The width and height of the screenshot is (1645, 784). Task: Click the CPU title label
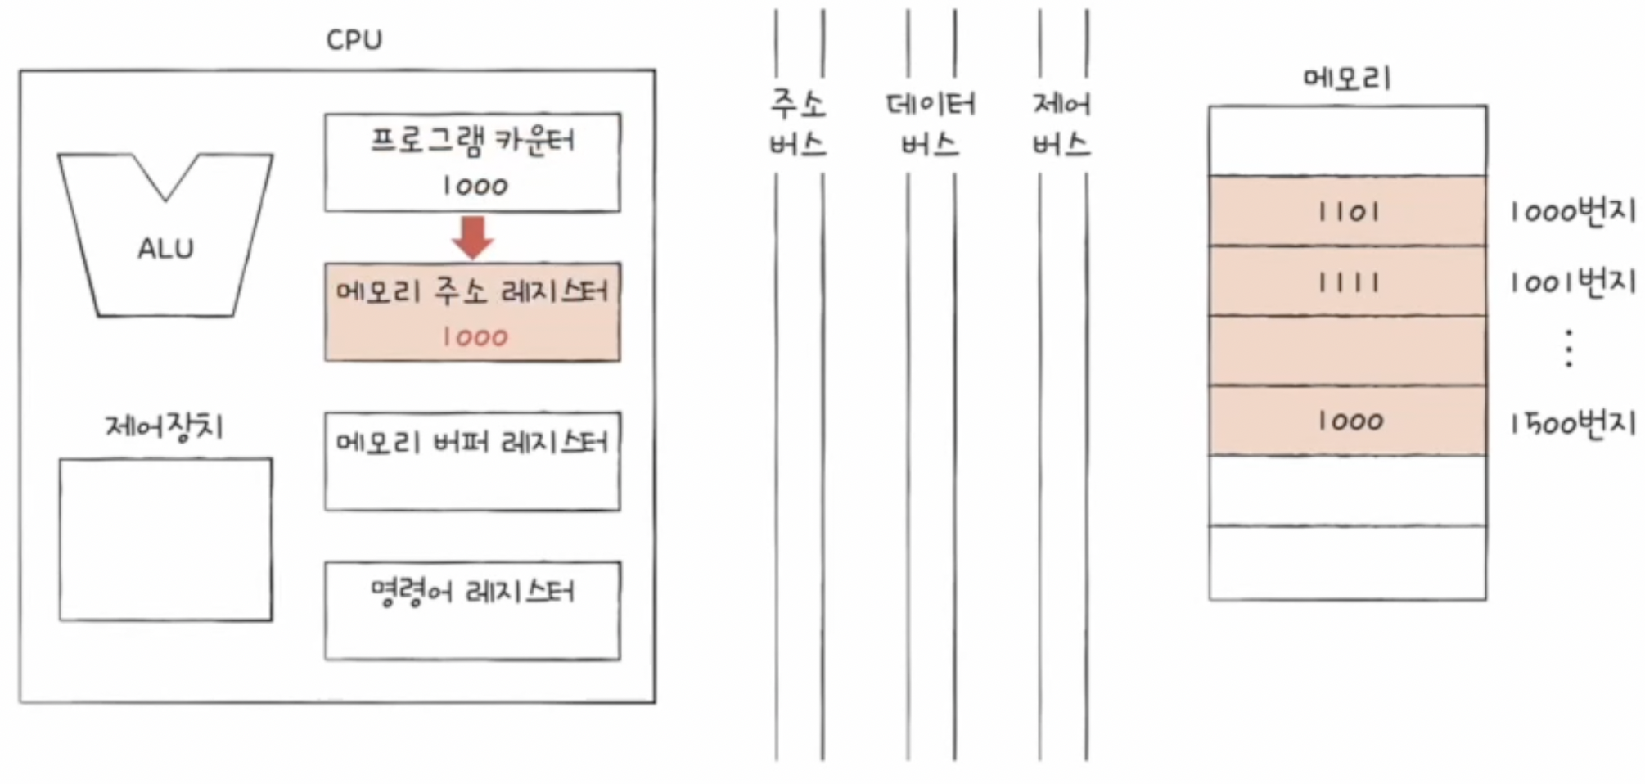click(354, 39)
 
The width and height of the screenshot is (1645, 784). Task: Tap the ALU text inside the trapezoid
click(165, 248)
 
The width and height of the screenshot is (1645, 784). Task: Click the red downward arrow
click(472, 237)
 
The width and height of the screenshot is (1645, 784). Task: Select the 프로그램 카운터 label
click(472, 141)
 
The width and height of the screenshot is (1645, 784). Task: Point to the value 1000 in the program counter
click(475, 186)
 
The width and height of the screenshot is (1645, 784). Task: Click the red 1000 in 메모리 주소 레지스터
click(475, 336)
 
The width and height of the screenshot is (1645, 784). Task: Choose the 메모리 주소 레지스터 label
click(472, 291)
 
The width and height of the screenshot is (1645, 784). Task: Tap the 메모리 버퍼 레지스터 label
click(472, 442)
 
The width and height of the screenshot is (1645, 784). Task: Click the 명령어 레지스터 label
click(472, 592)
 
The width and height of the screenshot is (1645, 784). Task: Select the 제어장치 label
click(164, 426)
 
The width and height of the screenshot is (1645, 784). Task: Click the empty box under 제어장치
click(165, 539)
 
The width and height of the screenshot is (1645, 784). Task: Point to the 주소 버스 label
click(798, 124)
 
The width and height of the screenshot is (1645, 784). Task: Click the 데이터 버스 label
click(931, 124)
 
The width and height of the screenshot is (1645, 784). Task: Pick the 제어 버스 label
click(1061, 124)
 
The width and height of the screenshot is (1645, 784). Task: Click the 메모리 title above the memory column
click(1346, 79)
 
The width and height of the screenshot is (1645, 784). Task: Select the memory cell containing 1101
click(1347, 211)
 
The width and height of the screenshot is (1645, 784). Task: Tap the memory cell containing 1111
click(1347, 282)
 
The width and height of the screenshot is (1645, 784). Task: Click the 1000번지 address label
click(1571, 211)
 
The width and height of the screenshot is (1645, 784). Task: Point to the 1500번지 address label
click(1571, 423)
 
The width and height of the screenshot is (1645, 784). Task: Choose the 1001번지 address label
click(1571, 282)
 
